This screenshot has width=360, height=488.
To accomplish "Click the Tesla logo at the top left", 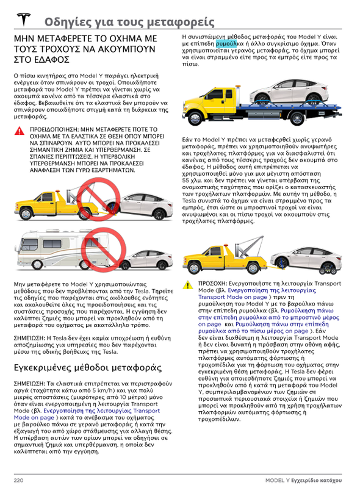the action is [x=24, y=20].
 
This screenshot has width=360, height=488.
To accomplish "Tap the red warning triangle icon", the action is [x=20, y=131].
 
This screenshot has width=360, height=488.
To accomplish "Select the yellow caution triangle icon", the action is [x=188, y=285].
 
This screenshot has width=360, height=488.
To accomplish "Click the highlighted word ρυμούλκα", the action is [x=226, y=43].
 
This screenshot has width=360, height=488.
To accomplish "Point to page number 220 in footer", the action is [x=19, y=480].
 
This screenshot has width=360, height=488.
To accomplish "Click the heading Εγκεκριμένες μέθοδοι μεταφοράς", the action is [x=88, y=368].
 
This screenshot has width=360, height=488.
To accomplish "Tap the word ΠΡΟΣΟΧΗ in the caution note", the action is [x=212, y=284].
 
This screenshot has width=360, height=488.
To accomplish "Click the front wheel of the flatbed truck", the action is [x=196, y=118].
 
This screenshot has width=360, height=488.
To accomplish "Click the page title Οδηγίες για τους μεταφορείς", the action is [x=129, y=22].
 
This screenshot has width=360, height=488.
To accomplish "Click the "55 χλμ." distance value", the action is [x=192, y=180].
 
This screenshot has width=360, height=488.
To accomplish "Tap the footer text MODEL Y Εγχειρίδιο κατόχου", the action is [x=304, y=480].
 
